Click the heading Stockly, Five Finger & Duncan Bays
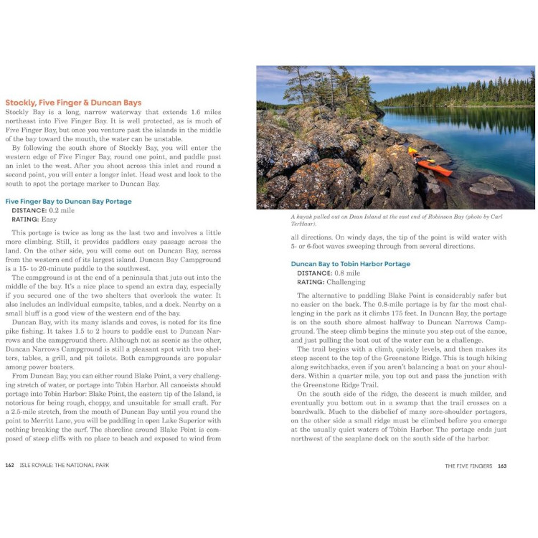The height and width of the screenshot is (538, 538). point(73,103)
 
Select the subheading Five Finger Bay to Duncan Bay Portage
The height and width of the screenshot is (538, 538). point(68,202)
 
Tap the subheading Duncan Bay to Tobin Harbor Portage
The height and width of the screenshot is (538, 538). point(350,264)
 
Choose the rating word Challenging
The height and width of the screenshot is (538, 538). point(345,282)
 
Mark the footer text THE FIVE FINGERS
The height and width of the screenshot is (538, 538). point(468,466)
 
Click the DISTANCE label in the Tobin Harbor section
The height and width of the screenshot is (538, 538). point(314,273)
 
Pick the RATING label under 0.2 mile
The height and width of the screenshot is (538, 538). point(27,220)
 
